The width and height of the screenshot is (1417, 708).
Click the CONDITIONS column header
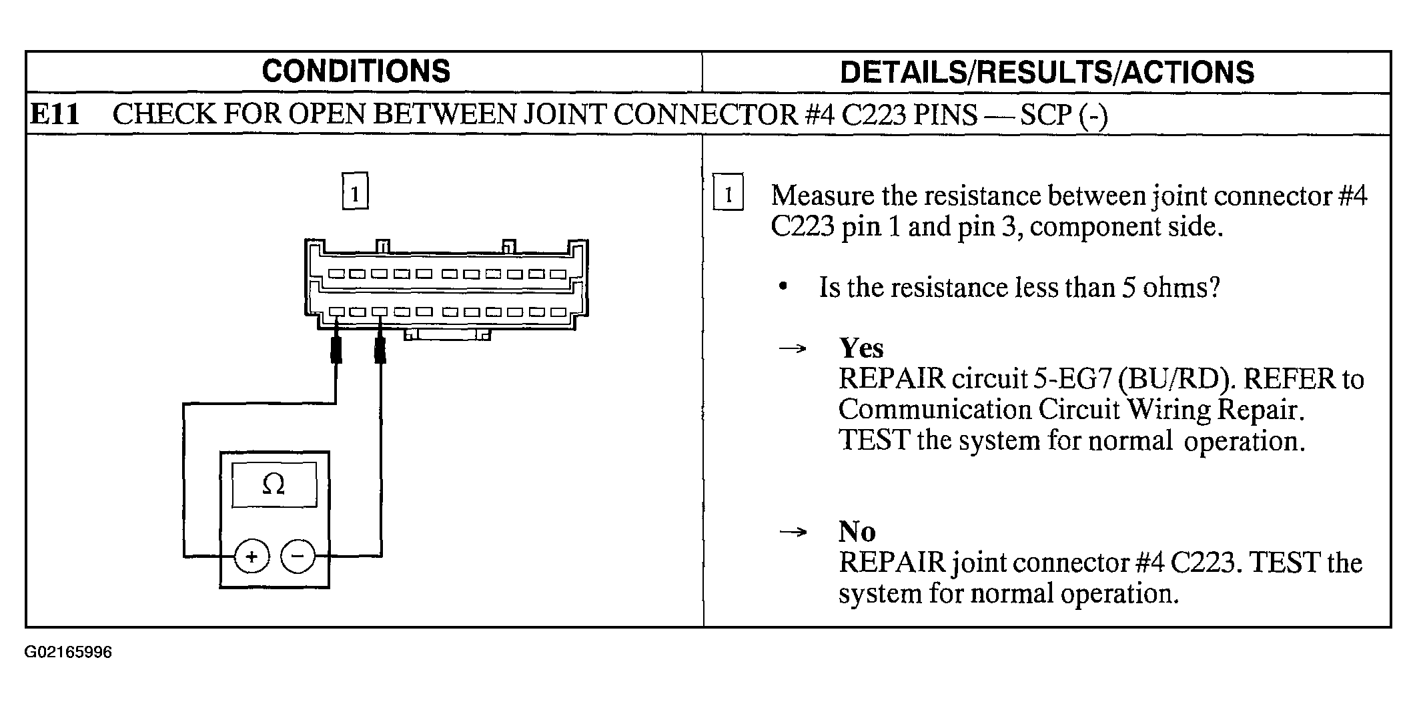(356, 71)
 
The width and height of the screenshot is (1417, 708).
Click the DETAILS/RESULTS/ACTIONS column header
(1047, 73)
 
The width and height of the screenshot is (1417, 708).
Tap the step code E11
(55, 115)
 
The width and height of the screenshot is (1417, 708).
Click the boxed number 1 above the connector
(355, 192)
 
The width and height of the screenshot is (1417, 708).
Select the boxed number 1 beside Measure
(728, 193)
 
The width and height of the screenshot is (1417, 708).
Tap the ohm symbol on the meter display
(274, 484)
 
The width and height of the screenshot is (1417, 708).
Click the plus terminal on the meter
(252, 556)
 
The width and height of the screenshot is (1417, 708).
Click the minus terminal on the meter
(298, 556)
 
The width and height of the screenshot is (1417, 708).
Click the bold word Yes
(861, 348)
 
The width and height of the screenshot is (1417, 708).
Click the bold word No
(857, 532)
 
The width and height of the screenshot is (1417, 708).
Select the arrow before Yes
(793, 348)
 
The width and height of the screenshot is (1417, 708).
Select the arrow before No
(793, 532)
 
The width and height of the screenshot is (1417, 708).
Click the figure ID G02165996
(68, 652)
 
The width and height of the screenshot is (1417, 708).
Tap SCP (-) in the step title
(1064, 115)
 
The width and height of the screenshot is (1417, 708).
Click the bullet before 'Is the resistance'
(783, 288)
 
